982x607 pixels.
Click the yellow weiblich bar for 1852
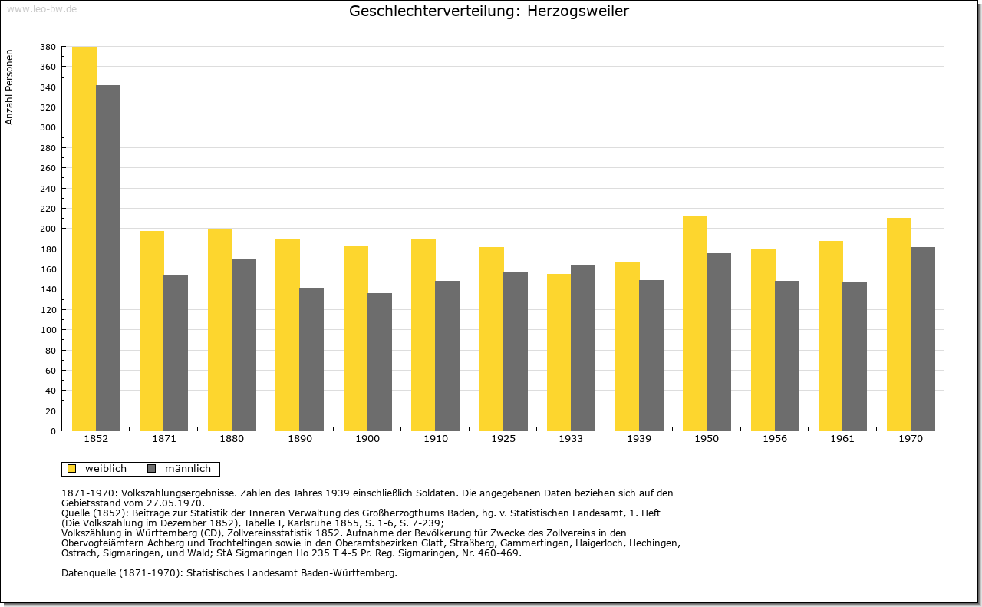[x=84, y=239]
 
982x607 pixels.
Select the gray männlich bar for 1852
[x=108, y=258]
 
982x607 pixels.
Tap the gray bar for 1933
[x=583, y=348]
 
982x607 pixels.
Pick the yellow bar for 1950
[x=695, y=323]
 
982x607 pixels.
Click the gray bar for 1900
[x=380, y=362]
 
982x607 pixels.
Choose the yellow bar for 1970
[x=898, y=325]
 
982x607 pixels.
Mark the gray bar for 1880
[x=244, y=345]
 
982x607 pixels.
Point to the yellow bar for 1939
[x=628, y=347]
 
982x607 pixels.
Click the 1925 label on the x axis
[x=503, y=439]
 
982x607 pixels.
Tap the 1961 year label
[x=842, y=439]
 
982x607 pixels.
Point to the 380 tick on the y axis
[x=48, y=47]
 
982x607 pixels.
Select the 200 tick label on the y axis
[x=48, y=229]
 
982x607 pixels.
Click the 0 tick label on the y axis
[x=53, y=431]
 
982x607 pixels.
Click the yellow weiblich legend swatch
[x=72, y=468]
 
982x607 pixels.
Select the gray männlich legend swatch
[x=152, y=468]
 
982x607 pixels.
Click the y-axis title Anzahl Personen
[x=9, y=87]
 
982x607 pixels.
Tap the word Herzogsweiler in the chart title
[x=578, y=11]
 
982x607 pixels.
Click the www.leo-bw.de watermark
[x=42, y=8]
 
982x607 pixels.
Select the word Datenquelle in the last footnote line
[x=88, y=572]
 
